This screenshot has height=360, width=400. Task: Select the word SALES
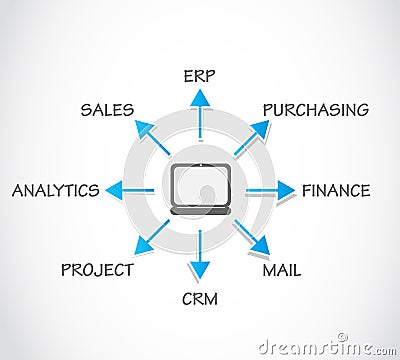point(107,109)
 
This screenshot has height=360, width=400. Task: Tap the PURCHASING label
point(315,109)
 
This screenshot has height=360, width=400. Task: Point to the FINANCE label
point(336,189)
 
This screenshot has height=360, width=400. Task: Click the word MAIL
point(281,269)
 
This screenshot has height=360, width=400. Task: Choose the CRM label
point(200,298)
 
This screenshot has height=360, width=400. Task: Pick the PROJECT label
point(97,269)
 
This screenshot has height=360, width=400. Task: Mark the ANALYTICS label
point(56,189)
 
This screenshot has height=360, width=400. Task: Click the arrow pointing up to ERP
point(200,110)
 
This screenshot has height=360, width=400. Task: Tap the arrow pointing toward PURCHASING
point(253,135)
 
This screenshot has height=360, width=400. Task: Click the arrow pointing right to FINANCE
point(275,189)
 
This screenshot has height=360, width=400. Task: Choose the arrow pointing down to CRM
point(200,262)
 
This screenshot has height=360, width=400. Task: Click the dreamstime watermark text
point(326,347)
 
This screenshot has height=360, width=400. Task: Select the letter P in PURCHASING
point(268,109)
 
